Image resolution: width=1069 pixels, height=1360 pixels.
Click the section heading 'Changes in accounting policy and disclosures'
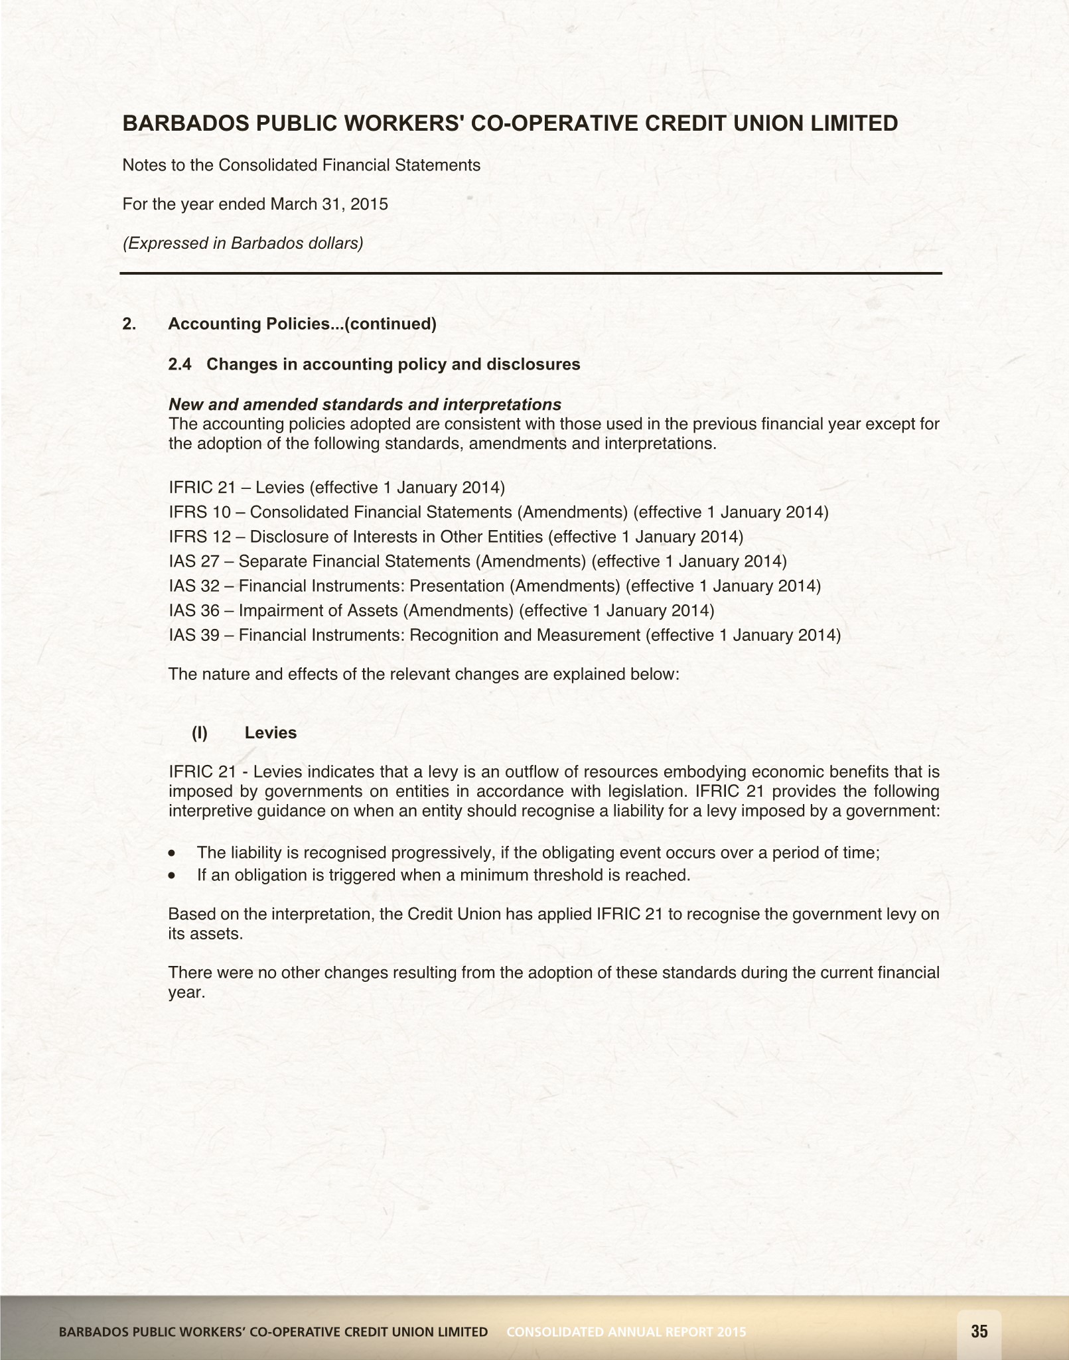pos(393,364)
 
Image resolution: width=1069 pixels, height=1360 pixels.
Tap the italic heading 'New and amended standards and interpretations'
pos(365,405)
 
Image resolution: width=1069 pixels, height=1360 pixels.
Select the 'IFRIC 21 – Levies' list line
pos(336,488)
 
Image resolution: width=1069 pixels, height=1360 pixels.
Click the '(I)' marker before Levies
pos(200,732)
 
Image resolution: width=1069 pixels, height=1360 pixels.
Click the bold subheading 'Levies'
pos(271,732)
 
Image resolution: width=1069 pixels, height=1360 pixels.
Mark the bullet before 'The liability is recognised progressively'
pos(173,853)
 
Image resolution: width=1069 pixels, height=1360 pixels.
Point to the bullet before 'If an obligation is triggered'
pos(173,876)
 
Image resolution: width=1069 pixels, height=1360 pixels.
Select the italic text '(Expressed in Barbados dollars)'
pos(243,243)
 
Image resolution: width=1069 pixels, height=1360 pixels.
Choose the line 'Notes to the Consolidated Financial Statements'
pos(301,165)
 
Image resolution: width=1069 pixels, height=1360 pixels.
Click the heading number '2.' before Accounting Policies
pos(129,324)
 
